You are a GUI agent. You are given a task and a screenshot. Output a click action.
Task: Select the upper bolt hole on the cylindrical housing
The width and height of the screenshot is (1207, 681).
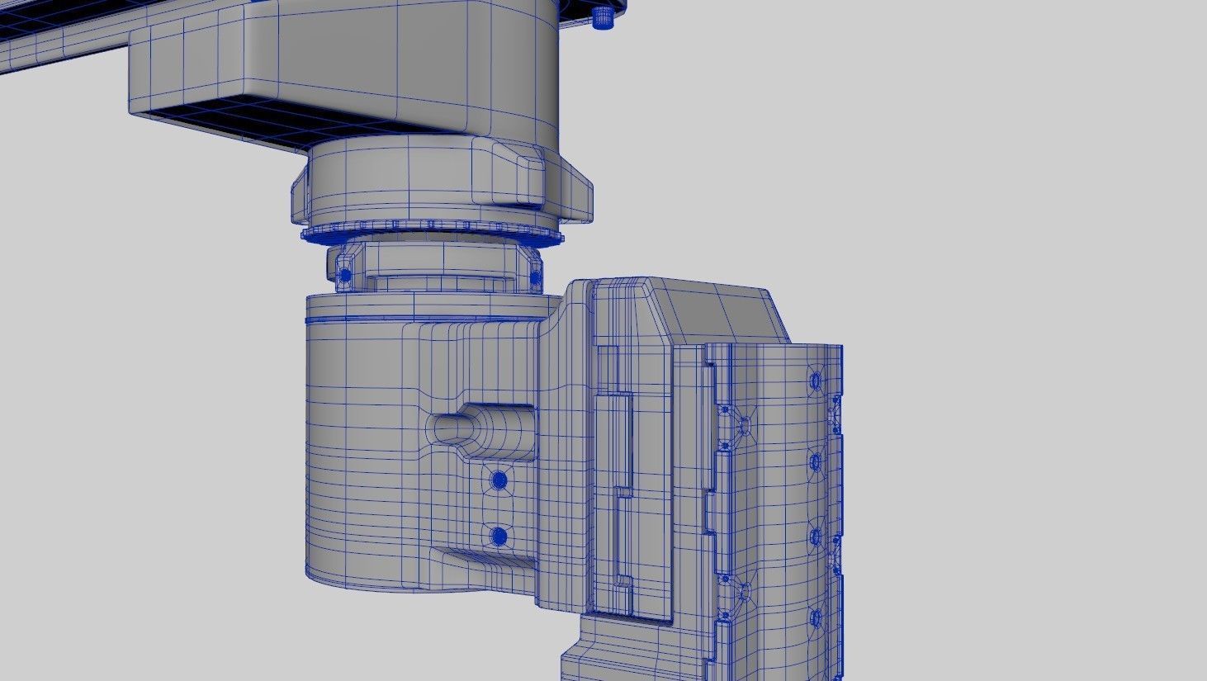498,480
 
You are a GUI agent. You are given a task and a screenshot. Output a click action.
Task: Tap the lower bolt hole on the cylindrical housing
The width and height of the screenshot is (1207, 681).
498,537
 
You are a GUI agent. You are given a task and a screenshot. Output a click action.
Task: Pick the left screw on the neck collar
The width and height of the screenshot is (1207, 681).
345,274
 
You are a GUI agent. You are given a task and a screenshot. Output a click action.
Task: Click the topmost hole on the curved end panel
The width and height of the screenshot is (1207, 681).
816,381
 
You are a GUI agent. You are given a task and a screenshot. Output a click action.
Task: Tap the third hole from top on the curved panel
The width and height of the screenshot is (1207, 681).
816,537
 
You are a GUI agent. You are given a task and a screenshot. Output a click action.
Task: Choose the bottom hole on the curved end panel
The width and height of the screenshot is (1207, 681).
816,617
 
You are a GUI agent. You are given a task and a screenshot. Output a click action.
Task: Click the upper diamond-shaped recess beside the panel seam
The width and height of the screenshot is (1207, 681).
743,426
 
